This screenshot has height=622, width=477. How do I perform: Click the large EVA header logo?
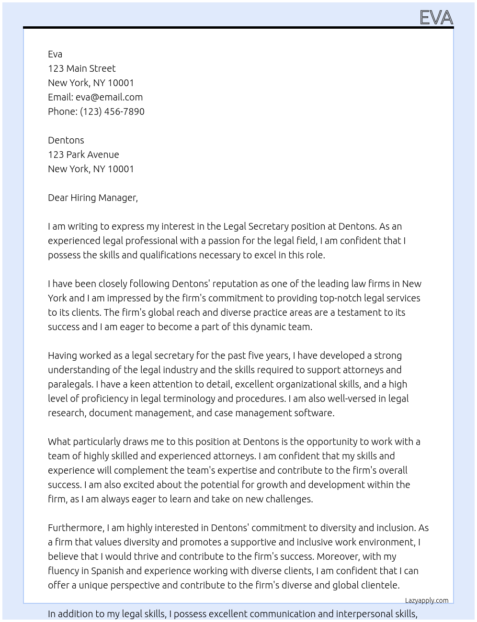[436, 18]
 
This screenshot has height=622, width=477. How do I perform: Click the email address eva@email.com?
[109, 97]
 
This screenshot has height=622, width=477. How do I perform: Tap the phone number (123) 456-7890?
[112, 111]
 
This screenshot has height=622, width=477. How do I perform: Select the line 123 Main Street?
[82, 68]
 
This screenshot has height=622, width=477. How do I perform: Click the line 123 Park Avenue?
[83, 155]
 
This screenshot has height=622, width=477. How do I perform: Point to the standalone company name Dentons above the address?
[66, 140]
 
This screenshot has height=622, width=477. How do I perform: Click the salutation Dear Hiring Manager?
[92, 198]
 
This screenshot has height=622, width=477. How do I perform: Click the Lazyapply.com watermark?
[427, 600]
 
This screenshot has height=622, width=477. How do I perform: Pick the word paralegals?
[70, 384]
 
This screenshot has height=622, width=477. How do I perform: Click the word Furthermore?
[76, 528]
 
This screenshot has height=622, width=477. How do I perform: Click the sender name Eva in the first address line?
[55, 54]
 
